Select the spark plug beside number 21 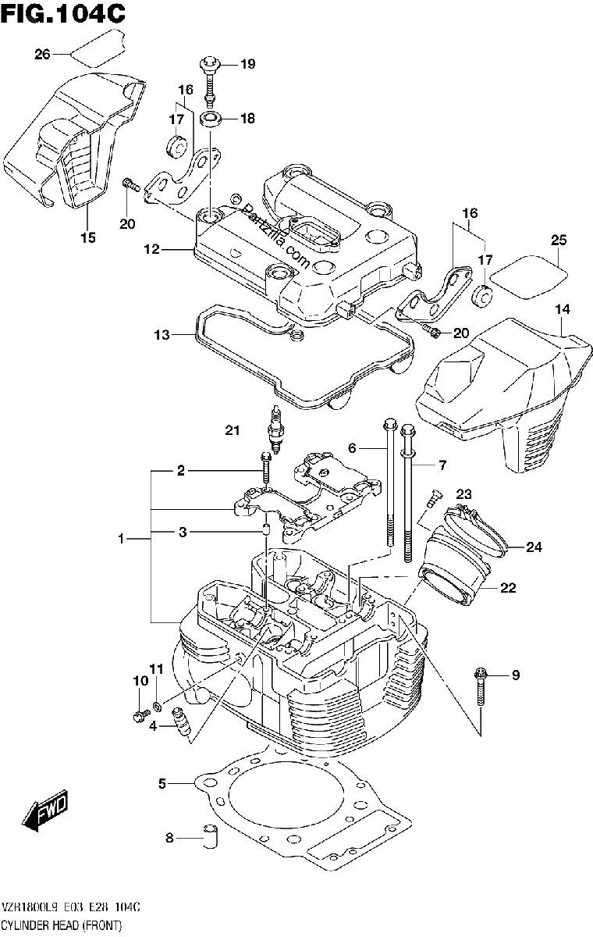[x=274, y=429]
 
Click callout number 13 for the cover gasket [x=162, y=335]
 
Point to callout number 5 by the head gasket [x=162, y=783]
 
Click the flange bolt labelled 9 [x=481, y=687]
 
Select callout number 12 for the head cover [x=151, y=250]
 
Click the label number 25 [x=559, y=240]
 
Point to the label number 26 [x=42, y=55]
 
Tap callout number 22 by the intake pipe [x=508, y=588]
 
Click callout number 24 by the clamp [x=534, y=547]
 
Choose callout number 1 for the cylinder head [x=121, y=539]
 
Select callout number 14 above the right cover [x=563, y=309]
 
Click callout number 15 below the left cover [x=88, y=237]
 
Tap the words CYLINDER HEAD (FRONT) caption [x=62, y=925]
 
